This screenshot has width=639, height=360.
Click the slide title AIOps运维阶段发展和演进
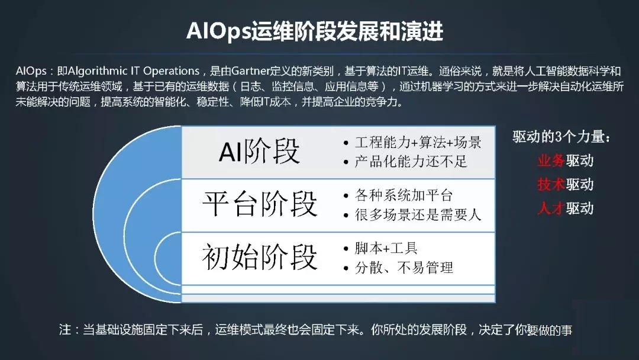click(315, 31)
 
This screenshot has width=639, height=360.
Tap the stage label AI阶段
click(259, 151)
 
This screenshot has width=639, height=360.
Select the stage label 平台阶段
click(260, 204)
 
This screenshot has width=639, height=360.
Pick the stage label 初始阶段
click(260, 257)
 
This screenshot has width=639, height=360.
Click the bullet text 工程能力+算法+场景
click(418, 142)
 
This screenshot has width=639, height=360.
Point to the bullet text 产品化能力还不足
click(411, 162)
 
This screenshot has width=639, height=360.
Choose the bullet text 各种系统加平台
click(404, 195)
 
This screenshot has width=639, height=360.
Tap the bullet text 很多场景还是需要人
click(418, 214)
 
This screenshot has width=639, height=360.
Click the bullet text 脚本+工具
click(386, 248)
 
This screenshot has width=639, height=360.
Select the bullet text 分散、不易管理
click(404, 268)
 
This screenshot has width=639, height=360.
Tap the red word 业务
click(551, 160)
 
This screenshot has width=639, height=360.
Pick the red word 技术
click(551, 184)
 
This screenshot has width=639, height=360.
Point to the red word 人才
click(551, 208)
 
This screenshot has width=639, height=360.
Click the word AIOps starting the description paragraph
click(31, 71)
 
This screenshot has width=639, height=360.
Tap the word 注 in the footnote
click(65, 329)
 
